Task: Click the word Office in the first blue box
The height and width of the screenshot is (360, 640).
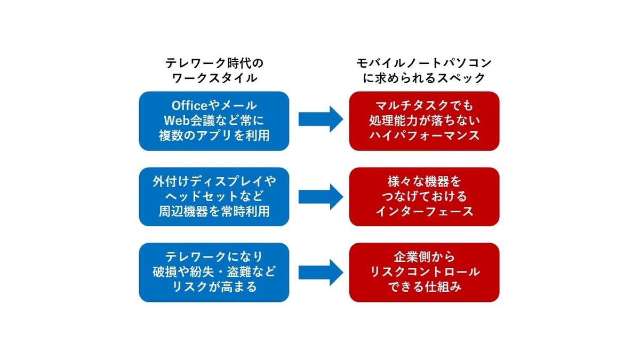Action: click(189, 106)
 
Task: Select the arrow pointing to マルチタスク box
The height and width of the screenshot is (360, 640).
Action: click(321, 119)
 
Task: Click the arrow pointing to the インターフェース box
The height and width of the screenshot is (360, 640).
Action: click(321, 197)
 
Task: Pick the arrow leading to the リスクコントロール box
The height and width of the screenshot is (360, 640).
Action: click(321, 273)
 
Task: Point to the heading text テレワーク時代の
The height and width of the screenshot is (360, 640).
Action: click(214, 63)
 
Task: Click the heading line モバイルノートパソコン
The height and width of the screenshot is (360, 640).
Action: click(424, 63)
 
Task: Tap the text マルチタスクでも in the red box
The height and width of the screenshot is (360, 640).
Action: click(424, 106)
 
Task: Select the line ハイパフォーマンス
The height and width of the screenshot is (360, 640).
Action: click(424, 135)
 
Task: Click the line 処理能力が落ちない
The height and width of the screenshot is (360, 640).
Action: click(424, 121)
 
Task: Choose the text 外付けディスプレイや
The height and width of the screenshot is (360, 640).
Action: click(214, 181)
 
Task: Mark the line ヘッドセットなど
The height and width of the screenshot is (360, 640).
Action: click(214, 196)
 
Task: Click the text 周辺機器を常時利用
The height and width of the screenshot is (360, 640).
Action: click(214, 211)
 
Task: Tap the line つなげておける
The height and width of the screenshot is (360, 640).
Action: click(424, 196)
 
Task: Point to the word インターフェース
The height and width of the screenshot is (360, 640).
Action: click(424, 211)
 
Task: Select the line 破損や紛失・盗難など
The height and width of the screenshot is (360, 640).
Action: click(214, 271)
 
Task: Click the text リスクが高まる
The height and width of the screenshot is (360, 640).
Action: click(214, 286)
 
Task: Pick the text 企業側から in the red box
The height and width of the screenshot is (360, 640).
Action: click(424, 257)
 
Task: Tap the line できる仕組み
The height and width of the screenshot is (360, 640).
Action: click(424, 286)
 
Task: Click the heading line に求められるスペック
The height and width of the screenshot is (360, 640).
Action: click(424, 78)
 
